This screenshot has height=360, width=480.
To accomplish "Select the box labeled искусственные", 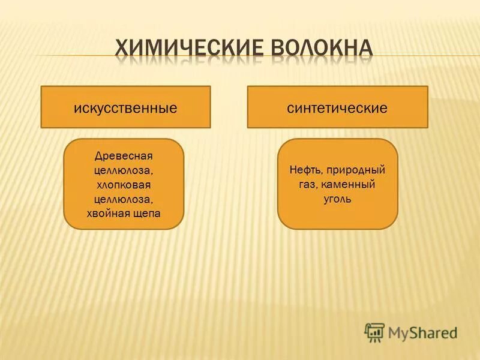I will (125, 107).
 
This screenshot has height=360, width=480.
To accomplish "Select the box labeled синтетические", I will (337, 107).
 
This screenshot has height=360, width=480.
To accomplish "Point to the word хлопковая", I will (124, 185).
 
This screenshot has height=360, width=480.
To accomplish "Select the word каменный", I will (348, 184).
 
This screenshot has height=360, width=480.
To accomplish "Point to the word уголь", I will (337, 199).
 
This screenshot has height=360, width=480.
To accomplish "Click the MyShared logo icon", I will (374, 332).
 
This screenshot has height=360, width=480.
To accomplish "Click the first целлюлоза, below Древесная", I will (124, 170).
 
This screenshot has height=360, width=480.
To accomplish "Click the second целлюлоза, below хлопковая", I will (124, 199).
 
